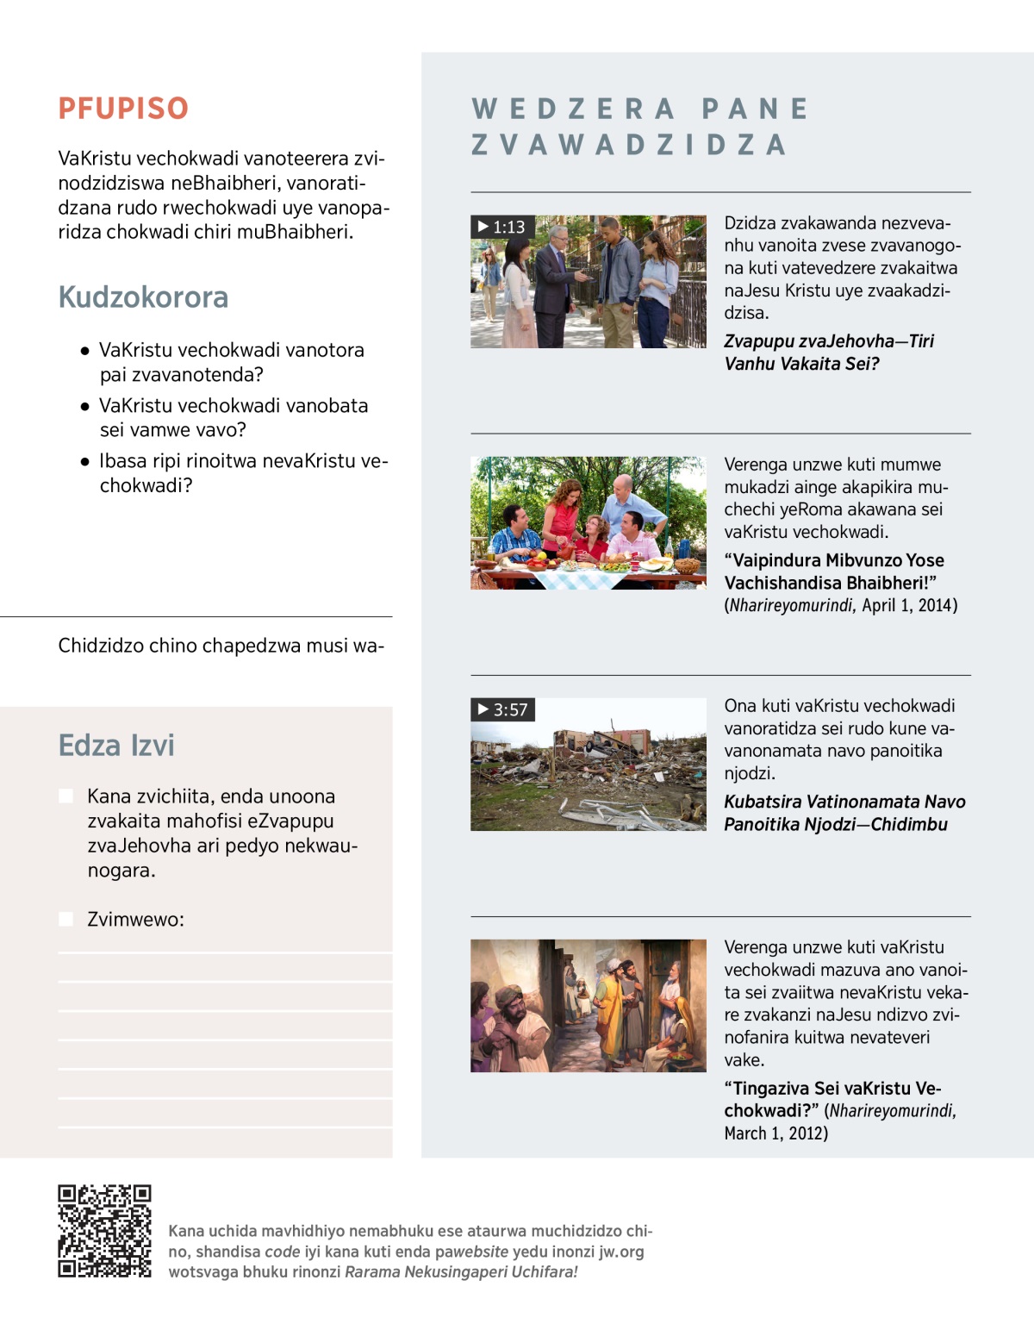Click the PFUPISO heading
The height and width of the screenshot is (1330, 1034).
tap(123, 109)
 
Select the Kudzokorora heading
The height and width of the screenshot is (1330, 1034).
tap(143, 297)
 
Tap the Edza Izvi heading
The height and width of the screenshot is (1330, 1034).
tap(116, 746)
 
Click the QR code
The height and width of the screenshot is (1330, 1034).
tap(104, 1231)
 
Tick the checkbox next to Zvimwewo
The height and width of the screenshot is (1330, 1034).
tap(65, 919)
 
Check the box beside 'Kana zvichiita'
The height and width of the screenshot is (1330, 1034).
tap(65, 796)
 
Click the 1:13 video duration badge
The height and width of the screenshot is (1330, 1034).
tap(503, 227)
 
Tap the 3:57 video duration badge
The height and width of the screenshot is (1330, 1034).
tap(503, 709)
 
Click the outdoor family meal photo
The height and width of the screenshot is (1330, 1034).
tap(588, 523)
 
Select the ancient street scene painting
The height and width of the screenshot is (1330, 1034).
tap(588, 1006)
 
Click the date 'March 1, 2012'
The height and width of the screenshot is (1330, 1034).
tap(775, 1133)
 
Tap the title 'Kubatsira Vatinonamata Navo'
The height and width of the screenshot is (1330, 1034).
tap(844, 802)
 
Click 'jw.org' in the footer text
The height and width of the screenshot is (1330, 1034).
tap(621, 1252)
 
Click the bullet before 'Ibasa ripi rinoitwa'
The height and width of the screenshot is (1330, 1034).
tap(84, 461)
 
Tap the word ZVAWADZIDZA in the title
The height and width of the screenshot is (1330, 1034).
tap(629, 145)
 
